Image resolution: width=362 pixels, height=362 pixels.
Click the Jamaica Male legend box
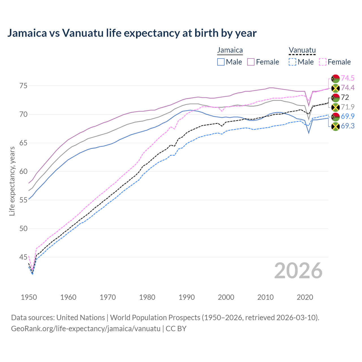tap(221, 62)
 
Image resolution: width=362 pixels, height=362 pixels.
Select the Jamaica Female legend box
tap(251, 62)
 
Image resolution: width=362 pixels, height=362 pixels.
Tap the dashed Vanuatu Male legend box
tap(292, 62)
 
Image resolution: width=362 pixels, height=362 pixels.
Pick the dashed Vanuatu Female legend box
tap(323, 62)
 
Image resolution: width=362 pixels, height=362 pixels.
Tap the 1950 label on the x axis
tap(29, 297)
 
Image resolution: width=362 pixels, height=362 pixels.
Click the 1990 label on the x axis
tap(187, 297)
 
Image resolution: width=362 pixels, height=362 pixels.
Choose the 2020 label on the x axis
tap(305, 297)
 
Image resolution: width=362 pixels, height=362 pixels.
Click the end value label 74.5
tap(348, 78)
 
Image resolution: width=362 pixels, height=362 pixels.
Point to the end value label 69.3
tap(348, 126)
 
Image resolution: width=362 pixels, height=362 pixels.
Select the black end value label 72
tap(345, 97)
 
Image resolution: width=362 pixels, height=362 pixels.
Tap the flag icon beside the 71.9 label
tap(335, 107)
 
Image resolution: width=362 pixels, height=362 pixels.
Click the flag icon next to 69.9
tap(335, 117)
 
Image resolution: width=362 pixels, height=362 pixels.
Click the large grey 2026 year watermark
tap(298, 271)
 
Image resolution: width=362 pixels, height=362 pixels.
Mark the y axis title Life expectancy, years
tap(12, 181)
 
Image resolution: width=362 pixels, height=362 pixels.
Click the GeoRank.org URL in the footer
tap(85, 329)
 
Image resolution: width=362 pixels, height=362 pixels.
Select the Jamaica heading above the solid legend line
tap(230, 50)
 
